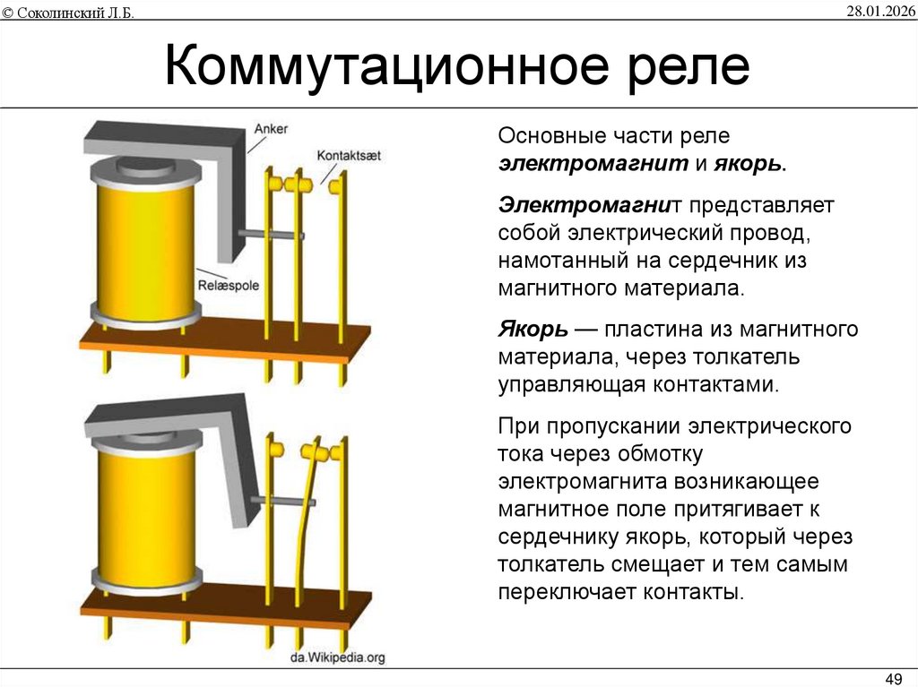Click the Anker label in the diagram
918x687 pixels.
coord(271,129)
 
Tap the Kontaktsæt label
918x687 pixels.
coord(349,155)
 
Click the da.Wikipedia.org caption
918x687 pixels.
coord(337,657)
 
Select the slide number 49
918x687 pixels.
coord(893,675)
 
